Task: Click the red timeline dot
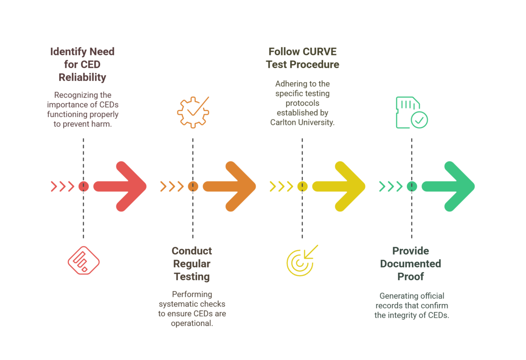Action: [x=83, y=187]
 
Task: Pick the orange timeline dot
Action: [x=193, y=187]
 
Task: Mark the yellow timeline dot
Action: [x=302, y=187]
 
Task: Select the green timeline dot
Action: [x=412, y=187]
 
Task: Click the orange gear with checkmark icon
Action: [x=193, y=112]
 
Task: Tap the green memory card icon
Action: [x=412, y=113]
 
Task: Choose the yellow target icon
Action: [x=302, y=261]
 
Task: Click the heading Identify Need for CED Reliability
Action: [x=83, y=64]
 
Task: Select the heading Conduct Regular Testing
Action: [x=192, y=264]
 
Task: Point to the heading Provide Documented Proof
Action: [x=411, y=264]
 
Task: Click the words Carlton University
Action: [x=302, y=123]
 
